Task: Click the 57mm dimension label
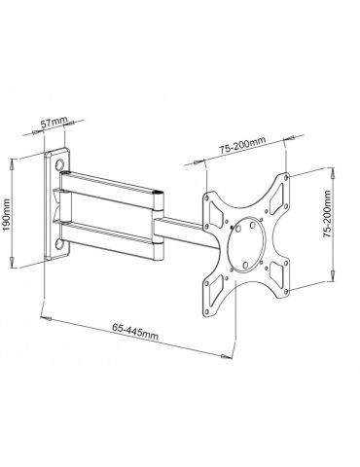(54, 122)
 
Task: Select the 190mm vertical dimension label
(7, 215)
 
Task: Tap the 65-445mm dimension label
(135, 331)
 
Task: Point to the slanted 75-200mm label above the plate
(242, 145)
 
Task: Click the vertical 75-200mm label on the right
(327, 214)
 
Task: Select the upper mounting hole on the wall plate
(60, 164)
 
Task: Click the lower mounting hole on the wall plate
(59, 244)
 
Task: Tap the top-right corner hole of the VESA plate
(285, 177)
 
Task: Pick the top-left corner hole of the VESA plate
(206, 197)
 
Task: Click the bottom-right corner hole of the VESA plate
(286, 292)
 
